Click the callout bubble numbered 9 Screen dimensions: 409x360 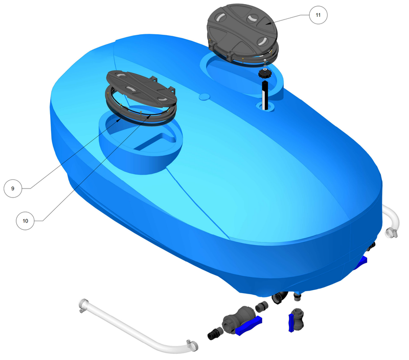13,188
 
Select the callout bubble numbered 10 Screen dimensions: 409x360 25,221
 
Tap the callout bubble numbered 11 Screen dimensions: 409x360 318,15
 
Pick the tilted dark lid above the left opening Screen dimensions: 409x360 142,88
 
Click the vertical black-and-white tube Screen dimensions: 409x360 265,95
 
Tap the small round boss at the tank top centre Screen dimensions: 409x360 204,97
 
